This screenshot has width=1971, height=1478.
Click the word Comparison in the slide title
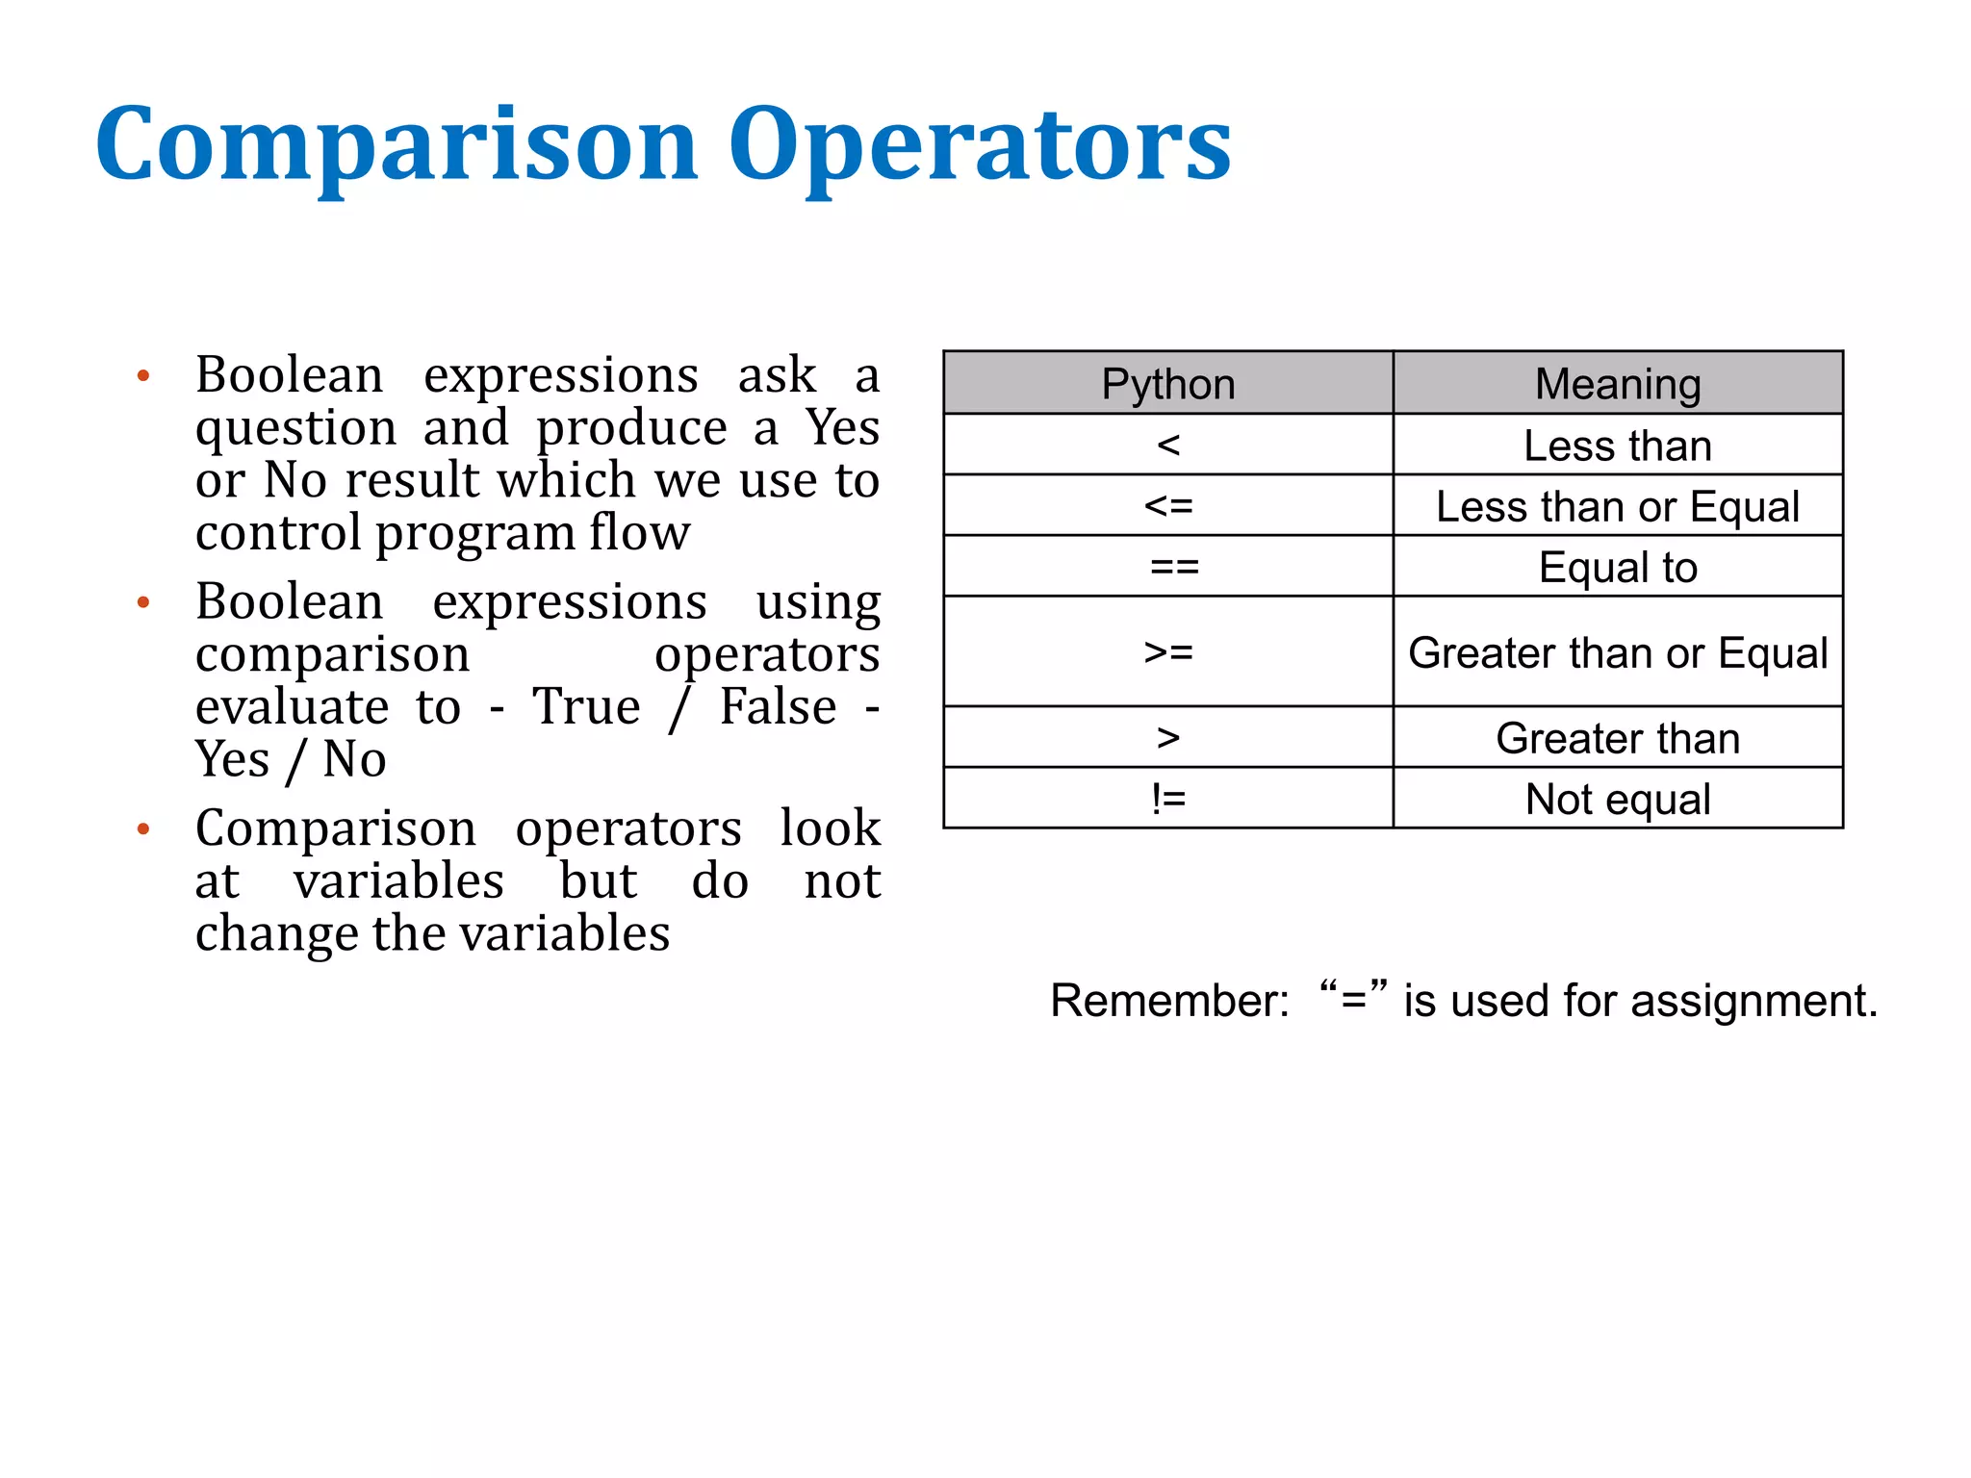tap(396, 144)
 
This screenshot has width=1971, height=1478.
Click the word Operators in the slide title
tap(979, 144)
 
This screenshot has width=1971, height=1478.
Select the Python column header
tap(1167, 384)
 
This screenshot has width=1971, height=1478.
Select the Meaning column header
tap(1617, 384)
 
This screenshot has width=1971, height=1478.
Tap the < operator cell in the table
tap(1167, 445)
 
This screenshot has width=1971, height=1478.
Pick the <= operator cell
tap(1167, 506)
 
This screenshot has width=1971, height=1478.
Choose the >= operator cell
tap(1167, 652)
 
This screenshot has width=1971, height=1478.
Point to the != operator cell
tap(1167, 799)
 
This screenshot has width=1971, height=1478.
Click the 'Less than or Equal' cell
tap(1617, 506)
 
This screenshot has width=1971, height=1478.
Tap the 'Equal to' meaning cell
tap(1617, 567)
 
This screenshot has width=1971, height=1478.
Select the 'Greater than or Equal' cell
tap(1617, 652)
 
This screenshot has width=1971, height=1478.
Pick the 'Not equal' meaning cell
tap(1617, 799)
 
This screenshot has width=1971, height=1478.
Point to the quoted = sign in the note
tap(1353, 999)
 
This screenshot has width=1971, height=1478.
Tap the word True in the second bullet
tap(586, 706)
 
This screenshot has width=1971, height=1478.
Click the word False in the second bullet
tap(778, 706)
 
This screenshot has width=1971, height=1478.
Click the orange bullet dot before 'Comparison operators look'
tap(143, 828)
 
